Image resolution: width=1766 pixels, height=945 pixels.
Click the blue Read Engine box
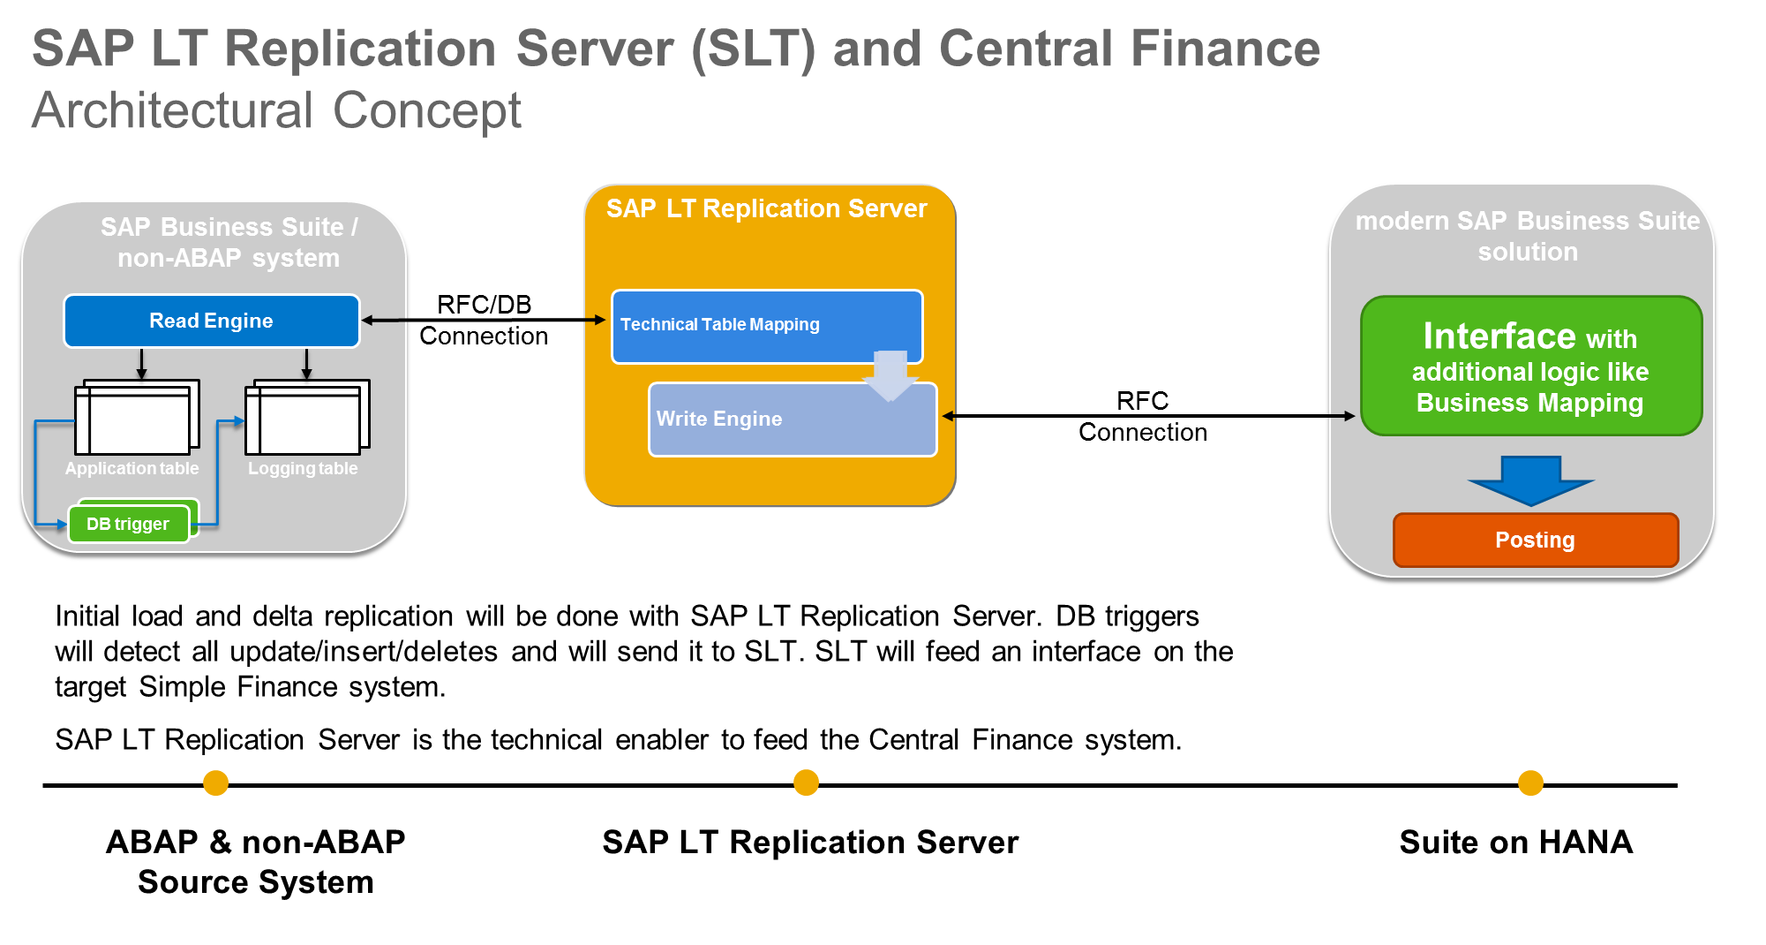[211, 321]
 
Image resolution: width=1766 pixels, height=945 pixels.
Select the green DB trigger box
[128, 524]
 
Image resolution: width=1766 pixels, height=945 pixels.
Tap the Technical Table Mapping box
[766, 325]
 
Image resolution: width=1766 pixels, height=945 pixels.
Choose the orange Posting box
[1535, 540]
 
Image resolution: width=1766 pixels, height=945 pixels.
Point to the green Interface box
[1530, 367]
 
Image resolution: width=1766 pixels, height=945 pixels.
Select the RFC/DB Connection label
[484, 321]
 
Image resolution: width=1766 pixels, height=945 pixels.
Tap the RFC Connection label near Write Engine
[1142, 416]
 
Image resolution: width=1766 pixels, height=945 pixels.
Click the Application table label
[132, 468]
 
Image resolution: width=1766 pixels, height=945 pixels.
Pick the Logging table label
[303, 468]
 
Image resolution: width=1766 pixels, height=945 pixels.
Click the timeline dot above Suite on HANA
[1530, 782]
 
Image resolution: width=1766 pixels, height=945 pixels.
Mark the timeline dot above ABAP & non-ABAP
[215, 782]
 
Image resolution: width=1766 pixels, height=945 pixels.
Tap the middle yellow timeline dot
[806, 782]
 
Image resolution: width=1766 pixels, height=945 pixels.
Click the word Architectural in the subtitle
[173, 111]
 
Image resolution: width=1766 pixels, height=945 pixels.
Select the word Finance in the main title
[1225, 49]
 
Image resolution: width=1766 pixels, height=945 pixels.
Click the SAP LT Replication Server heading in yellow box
[766, 208]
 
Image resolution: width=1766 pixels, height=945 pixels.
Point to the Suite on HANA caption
[1515, 842]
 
